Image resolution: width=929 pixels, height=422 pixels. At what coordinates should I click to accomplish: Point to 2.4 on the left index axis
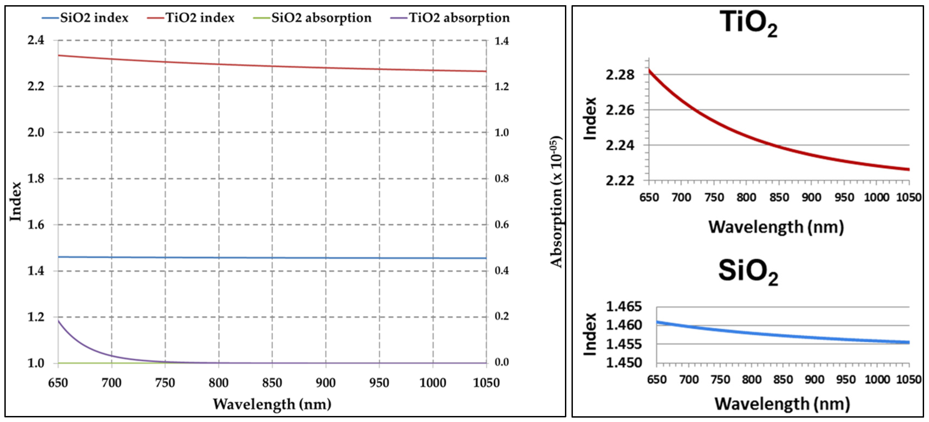pyautogui.click(x=36, y=40)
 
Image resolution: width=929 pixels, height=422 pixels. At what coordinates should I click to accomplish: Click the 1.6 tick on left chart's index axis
pyautogui.click(x=36, y=225)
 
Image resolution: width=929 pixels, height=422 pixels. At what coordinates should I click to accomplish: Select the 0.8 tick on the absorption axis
pyautogui.click(x=502, y=178)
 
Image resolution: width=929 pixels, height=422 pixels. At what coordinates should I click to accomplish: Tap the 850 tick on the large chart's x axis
pyautogui.click(x=272, y=383)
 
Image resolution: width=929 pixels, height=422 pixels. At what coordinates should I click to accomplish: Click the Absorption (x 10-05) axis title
pyautogui.click(x=556, y=202)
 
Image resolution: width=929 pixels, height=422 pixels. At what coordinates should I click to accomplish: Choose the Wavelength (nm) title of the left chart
pyautogui.click(x=272, y=404)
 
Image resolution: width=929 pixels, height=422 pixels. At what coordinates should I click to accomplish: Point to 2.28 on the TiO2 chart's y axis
pyautogui.click(x=620, y=75)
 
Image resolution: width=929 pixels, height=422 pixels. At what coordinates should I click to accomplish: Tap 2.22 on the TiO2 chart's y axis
pyautogui.click(x=620, y=180)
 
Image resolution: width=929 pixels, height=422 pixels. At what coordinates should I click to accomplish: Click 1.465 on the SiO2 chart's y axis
pyautogui.click(x=624, y=307)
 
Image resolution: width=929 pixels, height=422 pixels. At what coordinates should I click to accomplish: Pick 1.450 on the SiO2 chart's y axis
pyautogui.click(x=624, y=362)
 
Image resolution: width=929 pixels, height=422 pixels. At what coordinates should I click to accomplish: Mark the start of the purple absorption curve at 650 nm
pyautogui.click(x=58, y=321)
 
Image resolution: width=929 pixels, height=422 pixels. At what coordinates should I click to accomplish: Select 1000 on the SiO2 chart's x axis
pyautogui.click(x=877, y=379)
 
